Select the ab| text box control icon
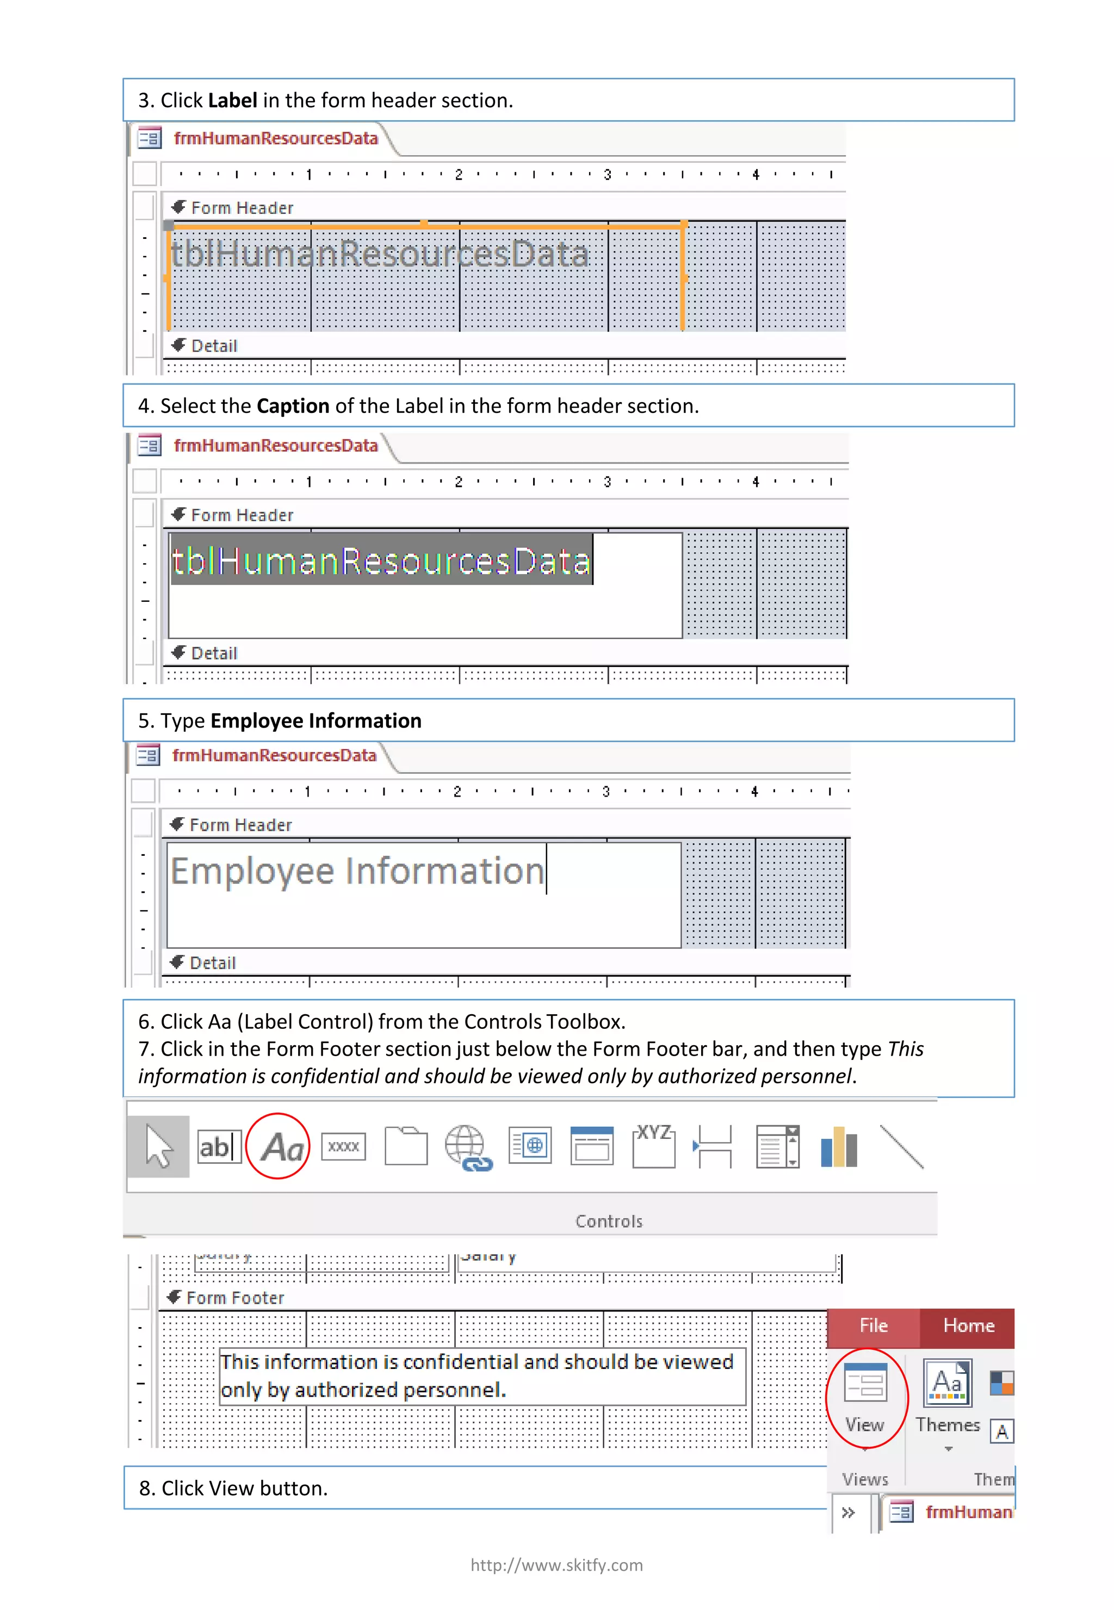pos(219,1147)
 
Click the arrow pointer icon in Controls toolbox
pos(158,1147)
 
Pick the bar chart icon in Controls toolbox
pos(838,1147)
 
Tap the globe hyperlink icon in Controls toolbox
pos(468,1147)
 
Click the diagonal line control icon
pos(901,1146)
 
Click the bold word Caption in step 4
pos(293,406)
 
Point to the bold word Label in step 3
pos(232,101)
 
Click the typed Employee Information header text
pos(357,871)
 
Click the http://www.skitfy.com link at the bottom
pos(556,1565)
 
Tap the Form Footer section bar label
pos(234,1298)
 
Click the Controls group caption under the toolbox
pos(609,1221)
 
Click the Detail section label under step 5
pos(212,963)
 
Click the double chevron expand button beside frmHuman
pos(848,1512)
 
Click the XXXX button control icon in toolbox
pos(343,1147)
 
